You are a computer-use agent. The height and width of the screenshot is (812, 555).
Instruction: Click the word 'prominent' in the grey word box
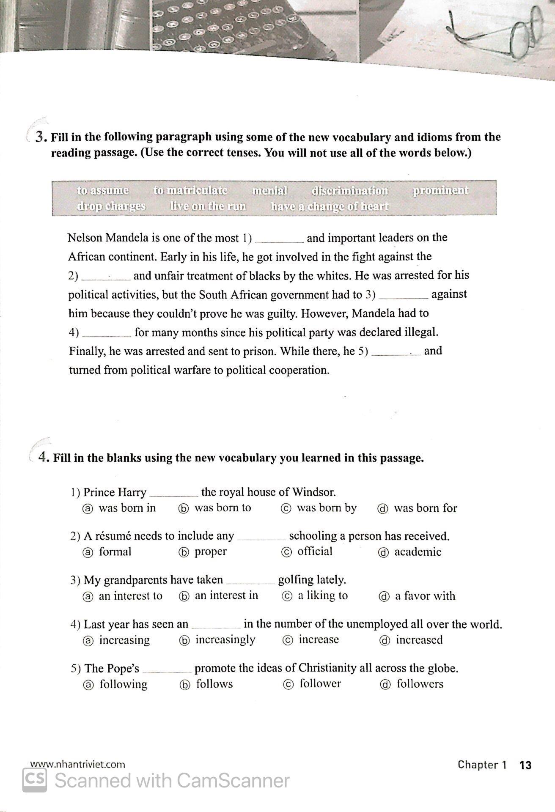pos(440,191)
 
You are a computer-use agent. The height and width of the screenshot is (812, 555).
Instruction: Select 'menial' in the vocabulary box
pos(269,191)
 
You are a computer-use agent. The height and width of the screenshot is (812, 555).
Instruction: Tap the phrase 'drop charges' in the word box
pos(111,206)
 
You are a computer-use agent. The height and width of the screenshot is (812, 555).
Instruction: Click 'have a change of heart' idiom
pos(329,206)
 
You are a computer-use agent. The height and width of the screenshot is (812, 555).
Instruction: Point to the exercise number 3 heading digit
pos(40,137)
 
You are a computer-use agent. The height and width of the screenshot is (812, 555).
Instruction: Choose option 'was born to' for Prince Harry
pos(222,508)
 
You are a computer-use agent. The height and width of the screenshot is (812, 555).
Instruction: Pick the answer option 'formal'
pos(115,552)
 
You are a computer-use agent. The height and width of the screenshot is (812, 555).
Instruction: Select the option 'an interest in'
pos(226,595)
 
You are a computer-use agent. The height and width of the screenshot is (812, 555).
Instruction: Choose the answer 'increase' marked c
pos(318,639)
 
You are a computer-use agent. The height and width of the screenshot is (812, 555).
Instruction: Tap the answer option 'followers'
pos(420,684)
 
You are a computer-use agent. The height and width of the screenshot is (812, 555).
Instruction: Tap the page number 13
pos(525,765)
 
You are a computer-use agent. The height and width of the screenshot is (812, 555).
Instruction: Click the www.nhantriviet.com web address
pos(77,764)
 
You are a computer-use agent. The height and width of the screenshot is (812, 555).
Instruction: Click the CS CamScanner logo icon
pos(34,780)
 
